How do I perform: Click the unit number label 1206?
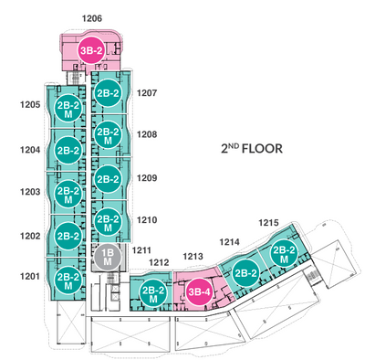point(92,18)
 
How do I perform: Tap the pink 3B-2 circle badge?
point(91,50)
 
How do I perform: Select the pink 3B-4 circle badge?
point(199,292)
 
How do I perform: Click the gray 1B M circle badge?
point(108,257)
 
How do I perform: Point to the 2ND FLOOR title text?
point(252,149)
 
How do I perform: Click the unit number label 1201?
point(30,277)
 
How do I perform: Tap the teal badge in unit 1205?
point(68,110)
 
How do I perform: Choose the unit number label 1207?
point(147,93)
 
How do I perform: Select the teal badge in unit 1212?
point(153,294)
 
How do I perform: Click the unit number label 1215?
point(268,223)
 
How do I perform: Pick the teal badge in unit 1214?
point(246,273)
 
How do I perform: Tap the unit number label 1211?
point(141,250)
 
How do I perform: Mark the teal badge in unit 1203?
point(68,196)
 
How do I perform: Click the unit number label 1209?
point(147,178)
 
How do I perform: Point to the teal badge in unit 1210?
point(108,223)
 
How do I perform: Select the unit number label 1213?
point(193,257)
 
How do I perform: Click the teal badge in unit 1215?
point(284,255)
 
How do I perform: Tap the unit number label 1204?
point(30,150)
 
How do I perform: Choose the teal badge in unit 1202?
point(68,236)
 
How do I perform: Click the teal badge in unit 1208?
point(108,136)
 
